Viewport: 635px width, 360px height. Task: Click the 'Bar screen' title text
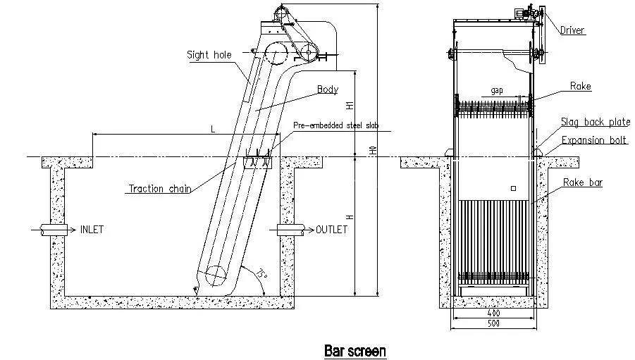pos(355,349)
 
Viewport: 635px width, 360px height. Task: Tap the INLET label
pos(92,230)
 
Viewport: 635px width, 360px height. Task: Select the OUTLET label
pos(331,230)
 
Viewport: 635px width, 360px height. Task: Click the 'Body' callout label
pos(327,89)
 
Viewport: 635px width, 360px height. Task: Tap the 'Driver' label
pos(572,30)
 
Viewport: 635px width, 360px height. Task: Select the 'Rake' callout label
pos(581,87)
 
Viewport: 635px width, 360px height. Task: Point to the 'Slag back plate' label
pos(595,122)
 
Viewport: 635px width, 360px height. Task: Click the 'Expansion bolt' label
pos(594,140)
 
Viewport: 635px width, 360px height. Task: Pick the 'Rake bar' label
pos(581,182)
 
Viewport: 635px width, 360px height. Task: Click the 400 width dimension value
pos(493,312)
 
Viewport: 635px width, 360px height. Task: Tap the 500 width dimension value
pos(493,323)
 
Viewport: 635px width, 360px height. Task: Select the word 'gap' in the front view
pos(496,91)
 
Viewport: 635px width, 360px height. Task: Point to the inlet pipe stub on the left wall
pos(53,230)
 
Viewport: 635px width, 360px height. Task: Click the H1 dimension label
pos(350,106)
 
